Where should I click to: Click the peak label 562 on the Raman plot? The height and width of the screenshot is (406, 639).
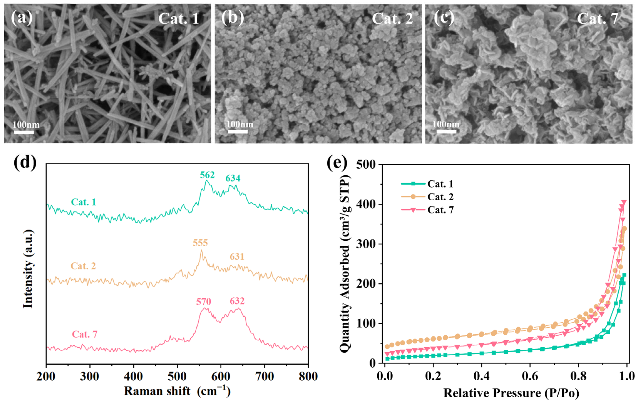207,175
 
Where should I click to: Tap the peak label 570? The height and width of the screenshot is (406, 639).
204,301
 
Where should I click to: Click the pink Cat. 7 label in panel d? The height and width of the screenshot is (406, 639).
85,334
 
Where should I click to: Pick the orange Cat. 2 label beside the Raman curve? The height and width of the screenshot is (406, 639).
83,266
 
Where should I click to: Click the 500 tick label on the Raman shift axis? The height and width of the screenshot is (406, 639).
177,376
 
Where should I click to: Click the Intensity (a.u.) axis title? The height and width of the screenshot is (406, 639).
28,269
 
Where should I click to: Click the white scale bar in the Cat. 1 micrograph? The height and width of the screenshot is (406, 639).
24,132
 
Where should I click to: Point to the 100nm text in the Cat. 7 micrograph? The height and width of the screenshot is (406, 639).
446,124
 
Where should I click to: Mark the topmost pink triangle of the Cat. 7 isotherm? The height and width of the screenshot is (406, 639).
624,203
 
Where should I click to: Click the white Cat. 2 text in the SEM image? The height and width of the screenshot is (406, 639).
392,19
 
